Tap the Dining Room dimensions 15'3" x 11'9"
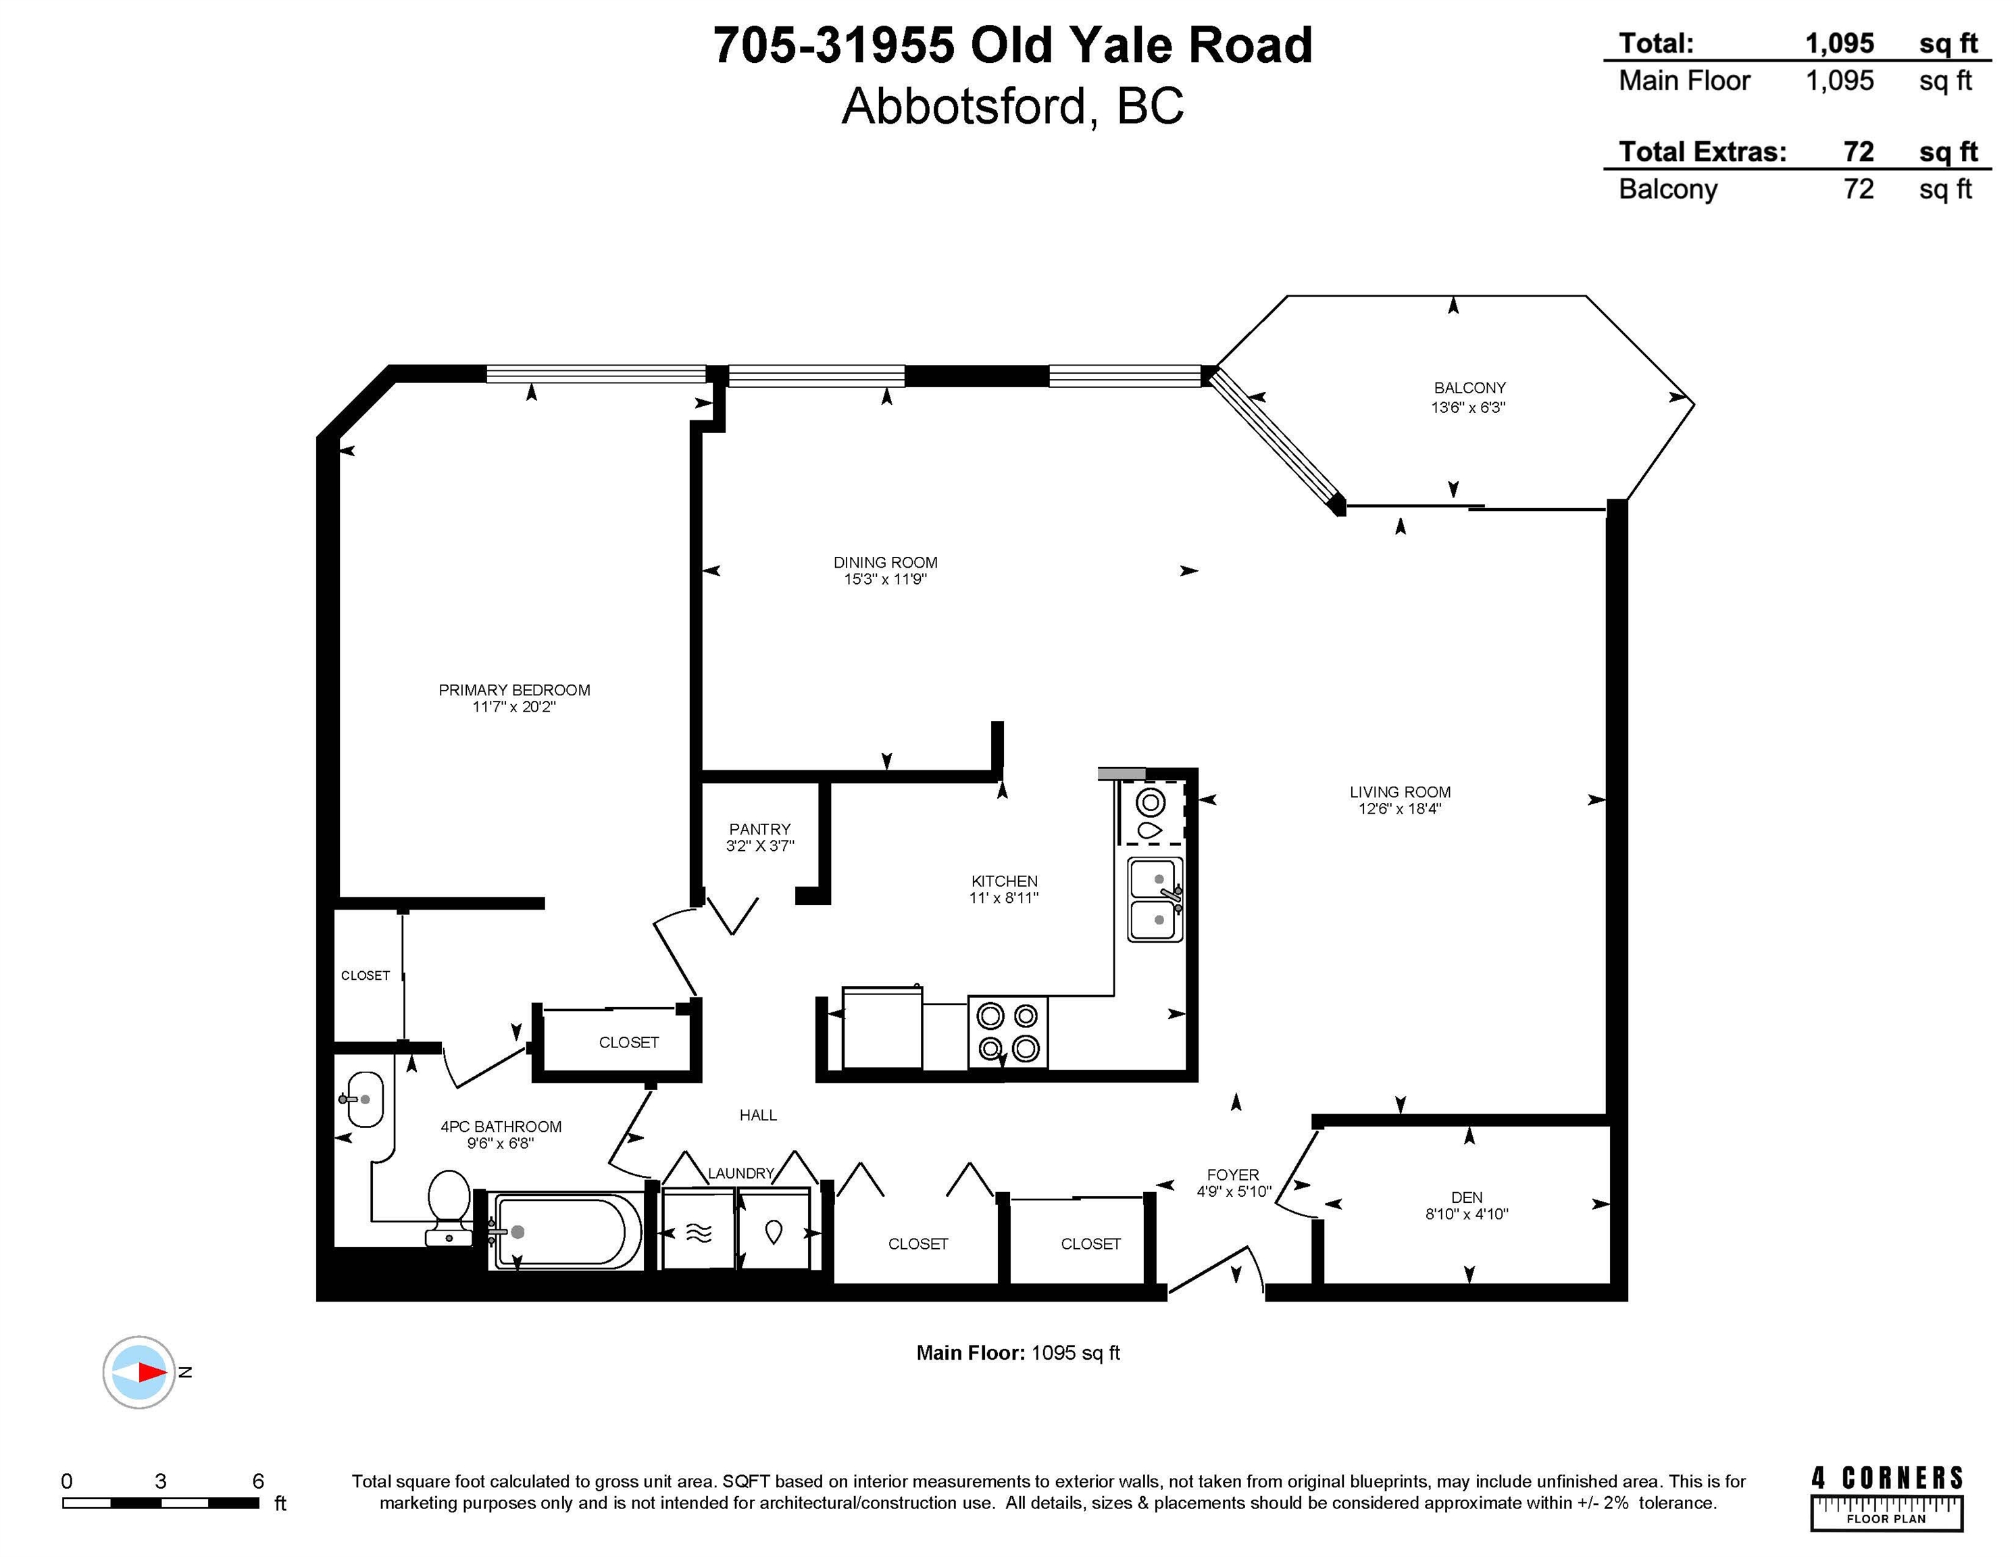pos(884,579)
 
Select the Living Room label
pos(1400,791)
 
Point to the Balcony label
pos(1469,387)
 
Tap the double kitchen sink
pos(1155,899)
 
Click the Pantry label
pos(760,829)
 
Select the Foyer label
pos(1233,1175)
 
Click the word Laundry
pos(740,1173)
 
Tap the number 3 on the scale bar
pos(160,1481)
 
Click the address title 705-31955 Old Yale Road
pos(1013,45)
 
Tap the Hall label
pos(758,1115)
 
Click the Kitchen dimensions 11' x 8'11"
pos(1003,897)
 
